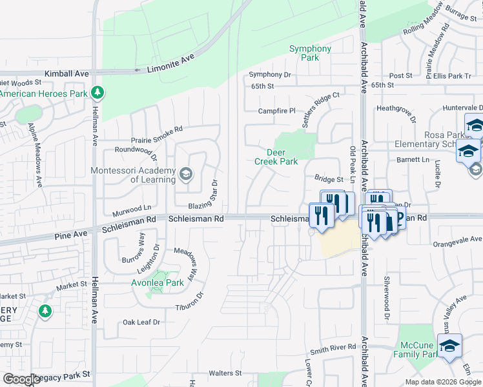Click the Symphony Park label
click(x=310, y=53)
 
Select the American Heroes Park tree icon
click(x=98, y=93)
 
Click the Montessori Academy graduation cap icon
click(x=186, y=174)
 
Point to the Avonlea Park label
click(x=158, y=283)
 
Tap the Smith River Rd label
click(x=333, y=347)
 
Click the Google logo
click(x=21, y=379)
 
